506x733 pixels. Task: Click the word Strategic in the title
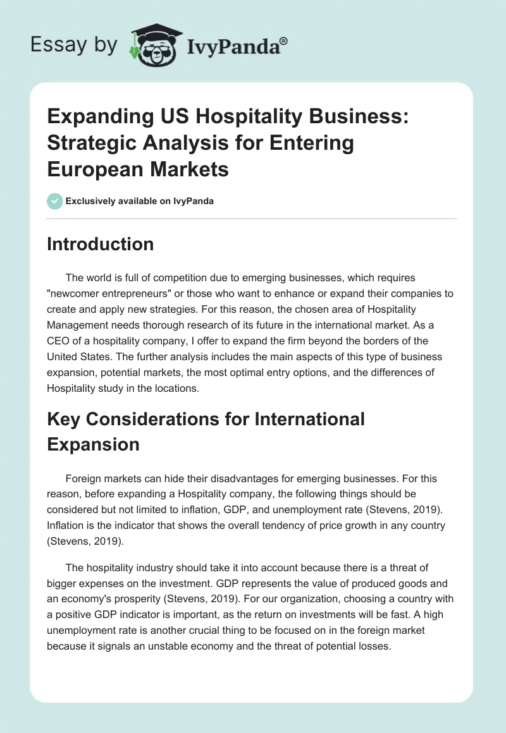click(89, 143)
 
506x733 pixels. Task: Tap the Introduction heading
click(100, 244)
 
